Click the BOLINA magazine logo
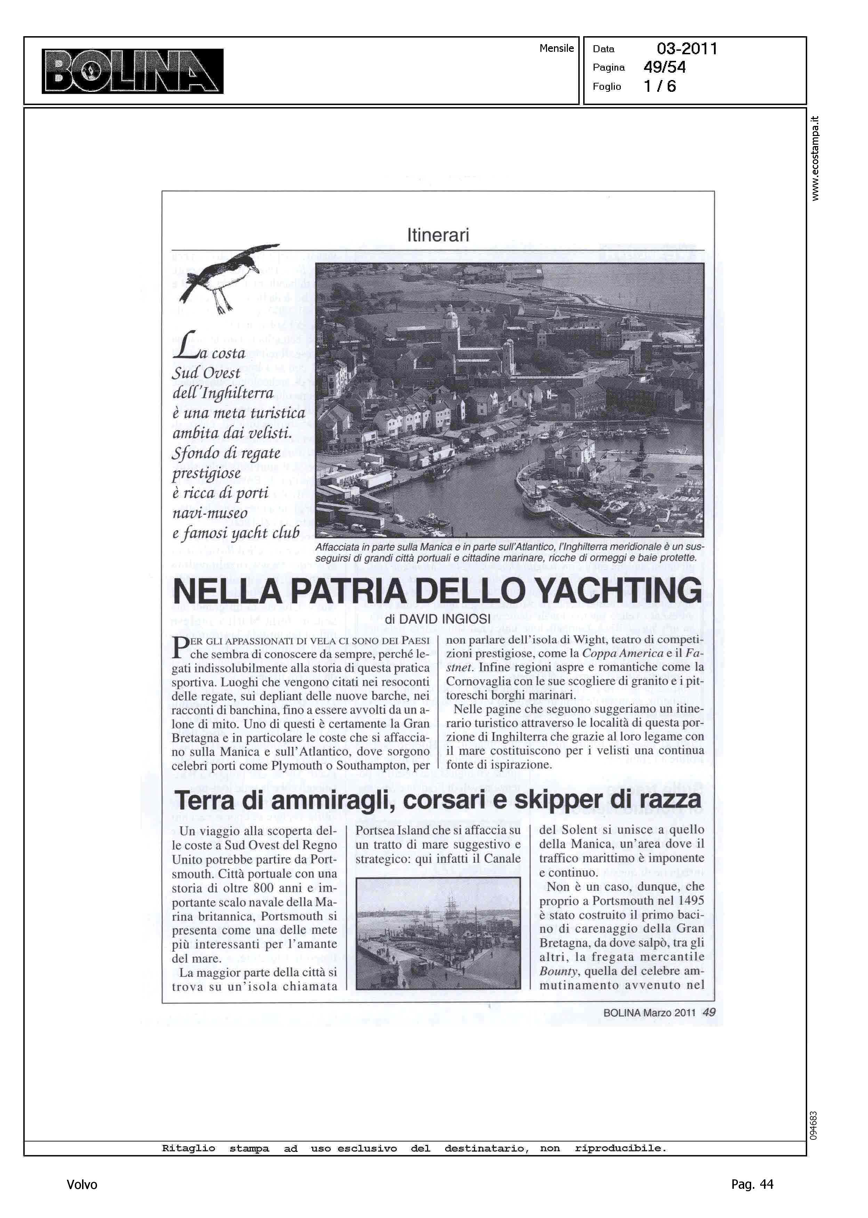[x=132, y=71]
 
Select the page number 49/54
[x=664, y=67]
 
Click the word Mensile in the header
[x=556, y=48]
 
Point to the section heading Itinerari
[x=438, y=235]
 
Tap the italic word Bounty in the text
[x=558, y=971]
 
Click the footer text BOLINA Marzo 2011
[x=649, y=1012]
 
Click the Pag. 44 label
[x=752, y=1184]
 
